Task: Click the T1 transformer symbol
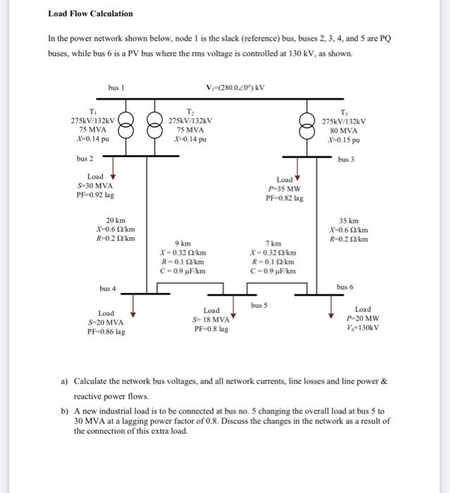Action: click(x=127, y=129)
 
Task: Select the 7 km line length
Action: click(x=272, y=243)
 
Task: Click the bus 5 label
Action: click(x=260, y=306)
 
